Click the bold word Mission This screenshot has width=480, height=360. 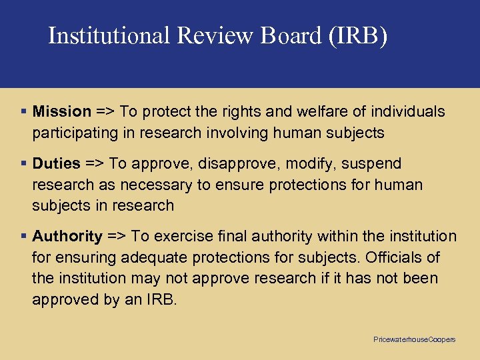[62, 111]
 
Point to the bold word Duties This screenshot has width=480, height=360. [57, 163]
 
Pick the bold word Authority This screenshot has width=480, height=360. [67, 236]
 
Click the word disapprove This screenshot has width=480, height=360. [237, 163]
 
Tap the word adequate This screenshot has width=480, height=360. [151, 257]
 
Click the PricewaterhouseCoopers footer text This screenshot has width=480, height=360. [414, 340]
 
